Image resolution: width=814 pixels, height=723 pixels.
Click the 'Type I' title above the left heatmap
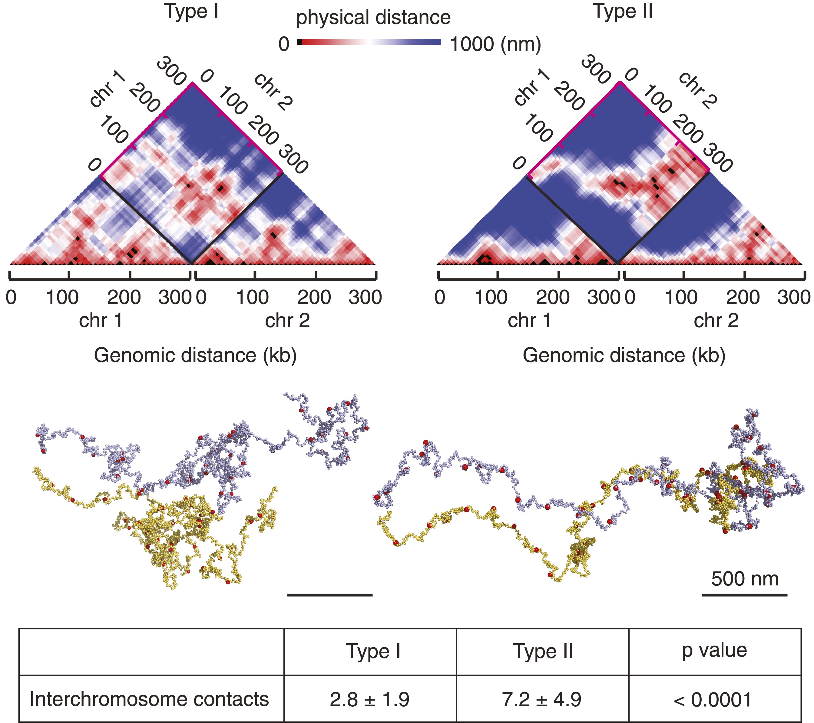(x=192, y=12)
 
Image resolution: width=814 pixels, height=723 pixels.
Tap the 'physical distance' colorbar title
(x=373, y=18)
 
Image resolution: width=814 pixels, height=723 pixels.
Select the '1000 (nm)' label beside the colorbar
(x=495, y=44)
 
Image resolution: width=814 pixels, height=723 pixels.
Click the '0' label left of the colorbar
(x=283, y=44)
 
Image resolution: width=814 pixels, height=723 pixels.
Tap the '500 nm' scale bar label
(x=745, y=579)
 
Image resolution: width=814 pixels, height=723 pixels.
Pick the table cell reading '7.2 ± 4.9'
(x=542, y=699)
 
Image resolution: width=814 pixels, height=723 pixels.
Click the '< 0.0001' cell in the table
(x=714, y=699)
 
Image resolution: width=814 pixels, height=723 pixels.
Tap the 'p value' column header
(x=714, y=650)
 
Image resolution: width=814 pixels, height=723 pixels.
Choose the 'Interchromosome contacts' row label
(x=150, y=699)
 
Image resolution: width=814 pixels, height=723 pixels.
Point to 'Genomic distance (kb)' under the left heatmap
(x=195, y=355)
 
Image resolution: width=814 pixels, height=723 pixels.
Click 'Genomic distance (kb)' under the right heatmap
(x=624, y=355)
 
